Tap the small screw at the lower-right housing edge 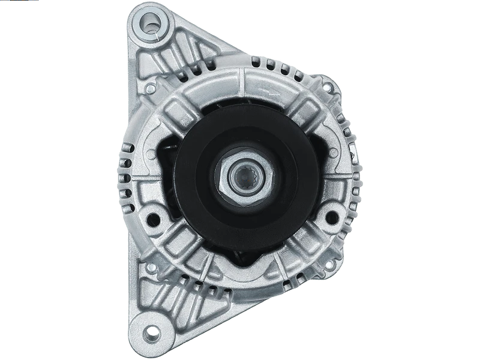332,264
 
